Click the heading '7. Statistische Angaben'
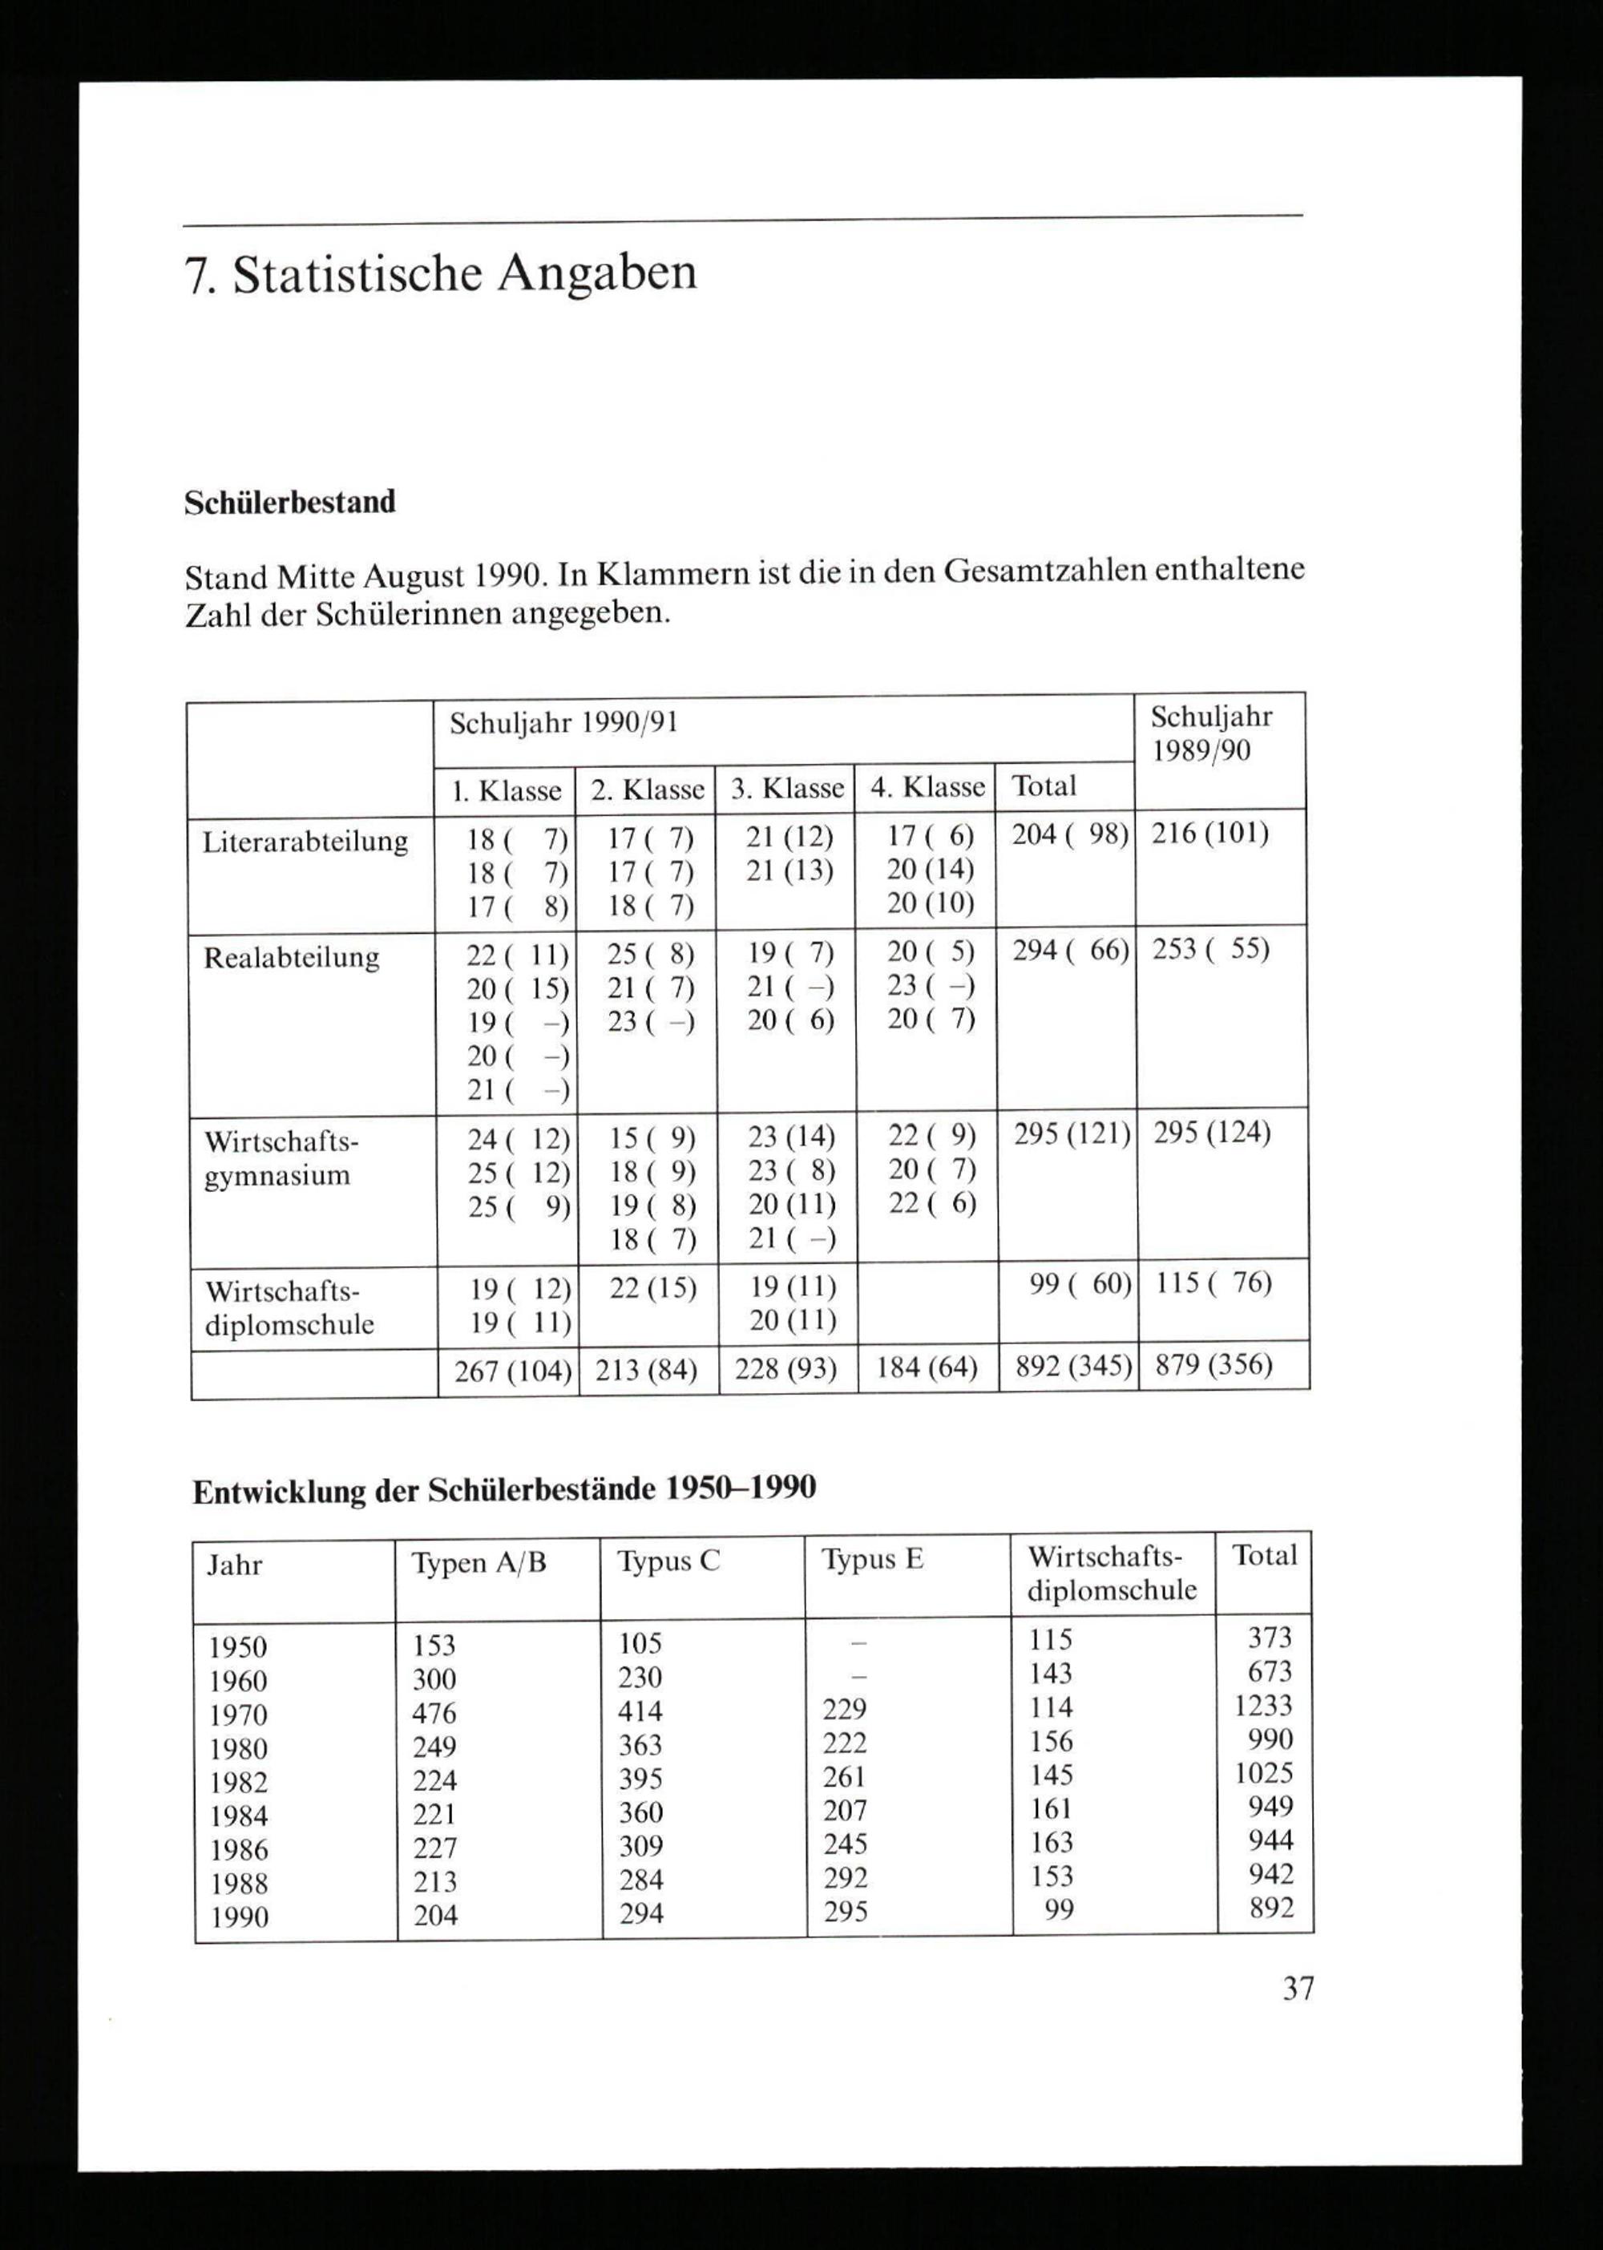click(x=440, y=274)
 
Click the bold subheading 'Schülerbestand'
click(x=290, y=503)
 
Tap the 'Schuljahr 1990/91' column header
click(x=563, y=724)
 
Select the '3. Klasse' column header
click(x=787, y=788)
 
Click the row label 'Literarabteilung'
click(x=305, y=842)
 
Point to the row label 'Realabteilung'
click(x=291, y=958)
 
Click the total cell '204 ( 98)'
click(x=1069, y=835)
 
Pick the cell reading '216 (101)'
click(x=1210, y=834)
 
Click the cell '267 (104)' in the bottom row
click(x=512, y=1371)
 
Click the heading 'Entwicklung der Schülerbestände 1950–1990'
click(x=504, y=1489)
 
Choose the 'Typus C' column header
click(x=668, y=1561)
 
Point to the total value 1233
click(x=1262, y=1706)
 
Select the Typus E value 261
click(x=844, y=1777)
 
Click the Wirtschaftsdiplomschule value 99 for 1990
click(x=1058, y=1909)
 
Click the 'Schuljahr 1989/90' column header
click(x=1211, y=733)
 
